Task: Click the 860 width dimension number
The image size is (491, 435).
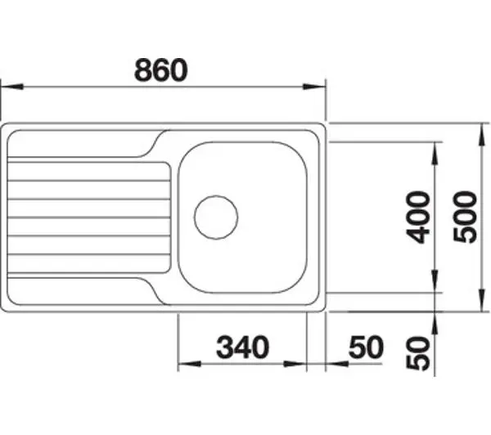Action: (x=161, y=70)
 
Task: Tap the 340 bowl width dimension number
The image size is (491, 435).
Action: (x=242, y=347)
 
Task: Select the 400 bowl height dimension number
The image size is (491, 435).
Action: (x=417, y=217)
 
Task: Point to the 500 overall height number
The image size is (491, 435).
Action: (x=466, y=217)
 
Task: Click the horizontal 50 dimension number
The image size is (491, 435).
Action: (x=366, y=347)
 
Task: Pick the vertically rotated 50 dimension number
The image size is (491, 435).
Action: (x=417, y=353)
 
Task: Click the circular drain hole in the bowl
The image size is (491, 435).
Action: (x=216, y=217)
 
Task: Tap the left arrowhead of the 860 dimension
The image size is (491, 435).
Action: (x=12, y=87)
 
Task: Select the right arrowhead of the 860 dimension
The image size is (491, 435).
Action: (x=314, y=87)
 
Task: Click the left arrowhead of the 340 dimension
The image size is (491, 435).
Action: (x=189, y=364)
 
